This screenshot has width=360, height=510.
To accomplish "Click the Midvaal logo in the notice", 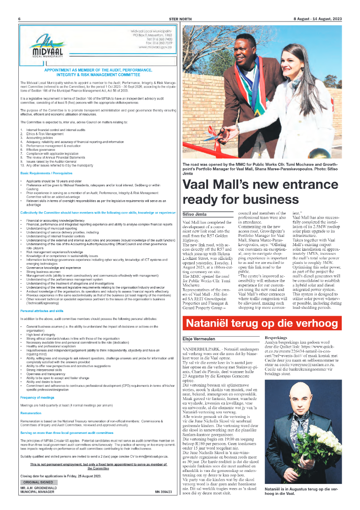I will pyautogui.click(x=44, y=48).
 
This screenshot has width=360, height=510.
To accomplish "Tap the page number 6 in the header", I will pyautogui.click(x=20, y=19).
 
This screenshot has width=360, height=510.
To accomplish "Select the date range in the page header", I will pyautogui.click(x=317, y=19).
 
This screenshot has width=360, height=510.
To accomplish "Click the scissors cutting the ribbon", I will pyautogui.click(x=212, y=135).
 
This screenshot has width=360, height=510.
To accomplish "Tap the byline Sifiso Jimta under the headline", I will pyautogui.click(x=195, y=214).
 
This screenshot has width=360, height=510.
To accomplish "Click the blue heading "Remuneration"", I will pyautogui.click(x=30, y=413).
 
